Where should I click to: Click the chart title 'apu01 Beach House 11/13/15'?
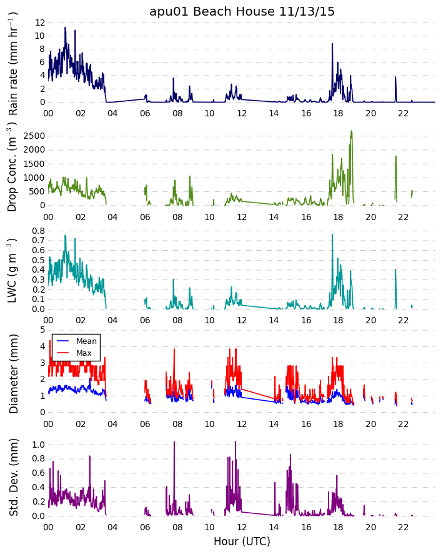[242, 11]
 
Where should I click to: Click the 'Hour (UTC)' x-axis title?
[242, 541]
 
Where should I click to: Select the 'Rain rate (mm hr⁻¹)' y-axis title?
[13, 64]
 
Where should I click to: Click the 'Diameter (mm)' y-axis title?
[13, 373]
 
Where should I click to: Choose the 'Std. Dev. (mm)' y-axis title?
[13, 477]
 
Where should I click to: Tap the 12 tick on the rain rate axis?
[39, 23]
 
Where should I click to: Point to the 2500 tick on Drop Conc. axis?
[34, 136]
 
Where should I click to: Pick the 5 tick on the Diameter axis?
[41, 330]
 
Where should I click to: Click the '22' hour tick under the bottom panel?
[403, 526]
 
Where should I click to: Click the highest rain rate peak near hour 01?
[65, 28]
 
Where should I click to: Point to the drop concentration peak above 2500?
[352, 131]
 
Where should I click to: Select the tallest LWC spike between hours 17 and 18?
[332, 234]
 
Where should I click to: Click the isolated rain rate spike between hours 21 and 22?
[395, 78]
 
